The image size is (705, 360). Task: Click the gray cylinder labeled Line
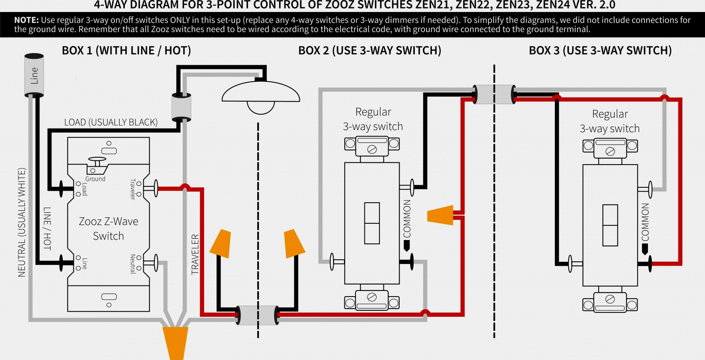(34, 75)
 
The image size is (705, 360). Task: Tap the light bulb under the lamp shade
(261, 107)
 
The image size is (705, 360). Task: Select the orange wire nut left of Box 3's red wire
(441, 215)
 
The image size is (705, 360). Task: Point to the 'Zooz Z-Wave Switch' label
(108, 228)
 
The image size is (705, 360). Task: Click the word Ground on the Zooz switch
(95, 179)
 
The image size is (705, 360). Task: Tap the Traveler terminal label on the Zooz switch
(133, 189)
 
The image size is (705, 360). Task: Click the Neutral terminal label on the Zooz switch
(133, 264)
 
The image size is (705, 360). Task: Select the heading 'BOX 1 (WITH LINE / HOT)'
(127, 51)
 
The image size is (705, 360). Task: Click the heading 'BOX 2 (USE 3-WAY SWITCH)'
(370, 51)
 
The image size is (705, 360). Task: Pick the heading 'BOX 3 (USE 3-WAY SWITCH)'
(600, 51)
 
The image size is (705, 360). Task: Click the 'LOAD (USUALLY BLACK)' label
(111, 123)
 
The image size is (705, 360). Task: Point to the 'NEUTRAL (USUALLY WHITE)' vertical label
(22, 222)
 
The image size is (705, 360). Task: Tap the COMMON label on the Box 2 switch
(407, 219)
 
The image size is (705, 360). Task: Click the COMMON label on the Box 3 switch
(645, 222)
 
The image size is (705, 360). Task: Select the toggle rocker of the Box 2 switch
(372, 223)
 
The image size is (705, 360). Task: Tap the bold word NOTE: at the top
(27, 20)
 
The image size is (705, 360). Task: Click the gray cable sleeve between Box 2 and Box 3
(494, 94)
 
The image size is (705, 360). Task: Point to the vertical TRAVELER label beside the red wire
(196, 254)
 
